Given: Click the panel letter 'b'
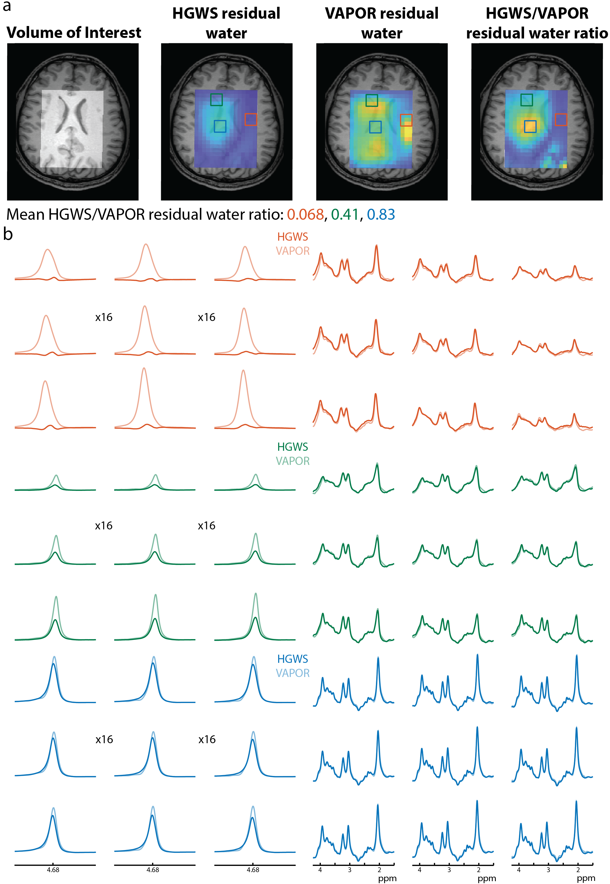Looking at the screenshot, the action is click(x=8, y=234).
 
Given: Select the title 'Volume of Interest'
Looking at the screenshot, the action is click(x=74, y=33).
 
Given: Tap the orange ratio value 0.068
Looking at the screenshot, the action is click(x=305, y=215).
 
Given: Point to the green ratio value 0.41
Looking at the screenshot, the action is click(x=345, y=215).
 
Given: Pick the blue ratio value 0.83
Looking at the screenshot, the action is click(x=381, y=215).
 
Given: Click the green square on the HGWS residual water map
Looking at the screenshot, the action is click(x=216, y=100).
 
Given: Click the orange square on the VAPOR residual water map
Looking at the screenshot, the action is click(x=406, y=120).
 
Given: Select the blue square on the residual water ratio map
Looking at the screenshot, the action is click(x=530, y=126).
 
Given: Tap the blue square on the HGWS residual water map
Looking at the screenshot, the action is click(x=220, y=126).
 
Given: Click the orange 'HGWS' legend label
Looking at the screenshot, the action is click(x=292, y=237).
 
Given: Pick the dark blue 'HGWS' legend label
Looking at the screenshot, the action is click(x=292, y=659).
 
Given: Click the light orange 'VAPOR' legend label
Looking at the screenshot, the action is click(x=292, y=251).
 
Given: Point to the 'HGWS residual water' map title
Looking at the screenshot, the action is click(x=226, y=23).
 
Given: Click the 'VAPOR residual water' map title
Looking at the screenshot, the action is click(x=381, y=23).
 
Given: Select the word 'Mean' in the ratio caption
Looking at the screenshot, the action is click(x=26, y=215).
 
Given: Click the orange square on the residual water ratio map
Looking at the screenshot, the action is click(x=561, y=120).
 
